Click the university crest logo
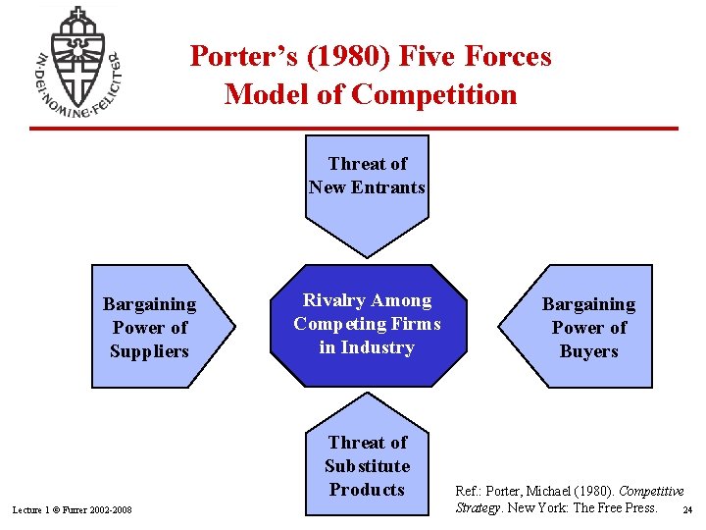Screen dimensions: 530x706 (x=76, y=61)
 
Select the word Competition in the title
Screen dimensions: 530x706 (x=434, y=95)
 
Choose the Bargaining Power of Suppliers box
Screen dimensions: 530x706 (x=157, y=327)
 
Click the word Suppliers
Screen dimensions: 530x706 (x=149, y=351)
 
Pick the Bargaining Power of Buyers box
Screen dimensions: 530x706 (x=583, y=327)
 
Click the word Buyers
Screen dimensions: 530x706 (x=588, y=351)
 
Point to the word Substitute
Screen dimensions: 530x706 (x=367, y=466)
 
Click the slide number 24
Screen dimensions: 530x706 (x=687, y=510)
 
